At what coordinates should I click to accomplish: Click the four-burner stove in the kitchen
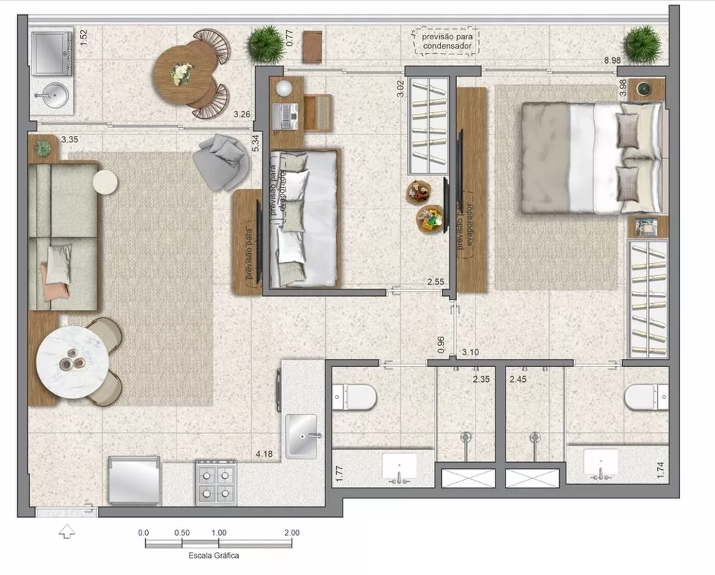216,482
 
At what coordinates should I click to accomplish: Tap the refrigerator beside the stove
133,481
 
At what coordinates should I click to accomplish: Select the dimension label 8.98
611,61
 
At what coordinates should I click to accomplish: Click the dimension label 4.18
265,453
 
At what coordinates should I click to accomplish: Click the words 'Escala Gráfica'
214,555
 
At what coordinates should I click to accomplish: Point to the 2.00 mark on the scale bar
291,533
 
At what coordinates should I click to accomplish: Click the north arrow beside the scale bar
66,532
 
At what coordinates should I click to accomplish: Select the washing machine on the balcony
52,52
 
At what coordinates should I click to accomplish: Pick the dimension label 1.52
84,38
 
